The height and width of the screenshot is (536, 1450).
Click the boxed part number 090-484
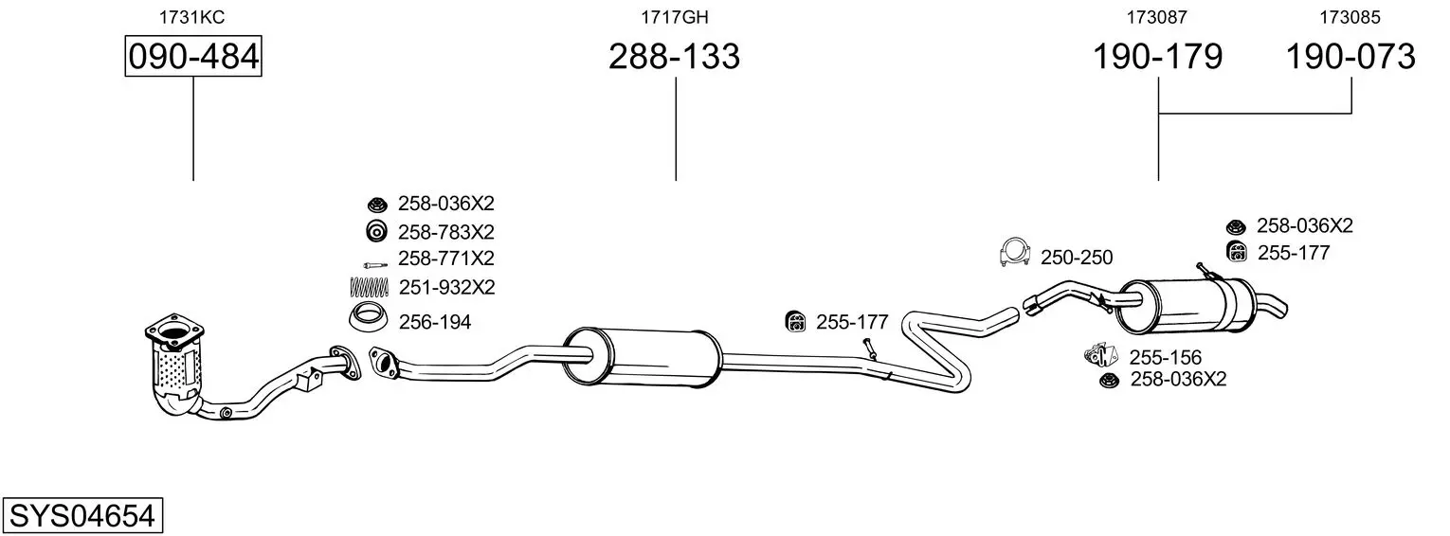tap(193, 56)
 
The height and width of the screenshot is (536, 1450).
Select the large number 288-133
tap(674, 56)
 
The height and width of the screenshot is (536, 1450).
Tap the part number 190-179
tap(1157, 56)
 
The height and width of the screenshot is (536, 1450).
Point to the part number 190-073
tap(1350, 56)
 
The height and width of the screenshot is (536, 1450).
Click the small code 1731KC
tap(192, 17)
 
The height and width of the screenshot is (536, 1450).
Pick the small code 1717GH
tap(675, 17)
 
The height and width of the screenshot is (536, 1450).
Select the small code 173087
tap(1157, 17)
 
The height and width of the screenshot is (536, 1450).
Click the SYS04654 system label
tap(82, 515)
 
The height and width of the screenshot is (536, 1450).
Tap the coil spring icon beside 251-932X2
tap(369, 286)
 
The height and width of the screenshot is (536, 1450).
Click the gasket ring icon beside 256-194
tap(369, 317)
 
